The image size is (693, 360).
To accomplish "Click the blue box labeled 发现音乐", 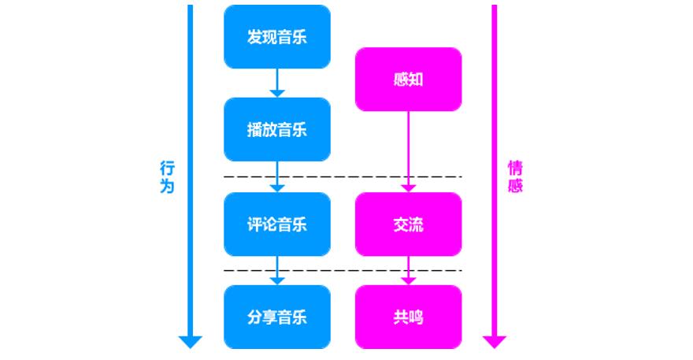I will coord(276,36).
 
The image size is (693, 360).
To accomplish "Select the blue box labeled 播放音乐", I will coord(276,129).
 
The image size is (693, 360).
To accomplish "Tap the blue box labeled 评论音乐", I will coord(276,224).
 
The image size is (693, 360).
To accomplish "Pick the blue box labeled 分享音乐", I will coord(276,317).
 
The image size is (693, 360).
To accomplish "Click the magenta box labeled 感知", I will coord(408,79).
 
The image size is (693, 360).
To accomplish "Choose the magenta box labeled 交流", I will coord(408,224).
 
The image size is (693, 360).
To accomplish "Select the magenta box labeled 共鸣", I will coord(408,317).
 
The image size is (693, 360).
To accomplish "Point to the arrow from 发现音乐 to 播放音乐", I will coord(276,83).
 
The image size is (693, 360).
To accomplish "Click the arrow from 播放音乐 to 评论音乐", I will coord(276,176).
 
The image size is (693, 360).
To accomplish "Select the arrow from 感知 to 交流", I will coord(408,150).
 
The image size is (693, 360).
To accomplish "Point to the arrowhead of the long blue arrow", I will coord(190,341).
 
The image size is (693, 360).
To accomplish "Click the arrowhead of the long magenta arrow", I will coord(495,341).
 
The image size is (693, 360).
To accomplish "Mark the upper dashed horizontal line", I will coord(342,176).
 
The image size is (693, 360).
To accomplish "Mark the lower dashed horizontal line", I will coord(342,270).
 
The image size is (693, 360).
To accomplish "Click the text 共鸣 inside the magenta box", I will coord(408,317).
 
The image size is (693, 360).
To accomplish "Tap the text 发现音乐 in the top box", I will coord(276,36).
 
